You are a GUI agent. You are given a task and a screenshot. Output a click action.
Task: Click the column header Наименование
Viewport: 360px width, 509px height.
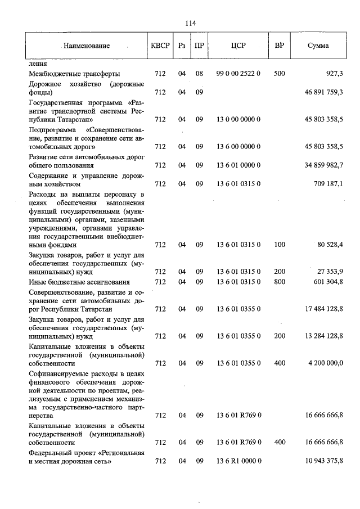click(87, 46)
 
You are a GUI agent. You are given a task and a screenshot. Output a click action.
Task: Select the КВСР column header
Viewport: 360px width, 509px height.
click(160, 46)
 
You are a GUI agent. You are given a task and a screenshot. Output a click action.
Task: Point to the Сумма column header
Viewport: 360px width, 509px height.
click(318, 46)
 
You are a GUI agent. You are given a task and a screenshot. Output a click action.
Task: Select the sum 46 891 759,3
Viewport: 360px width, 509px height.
click(320, 92)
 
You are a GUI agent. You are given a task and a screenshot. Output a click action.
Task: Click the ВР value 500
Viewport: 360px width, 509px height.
click(279, 74)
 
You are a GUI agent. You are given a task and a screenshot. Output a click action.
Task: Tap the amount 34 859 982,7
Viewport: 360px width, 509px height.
click(320, 166)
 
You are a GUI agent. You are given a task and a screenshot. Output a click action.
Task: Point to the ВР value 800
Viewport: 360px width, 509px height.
click(279, 282)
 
